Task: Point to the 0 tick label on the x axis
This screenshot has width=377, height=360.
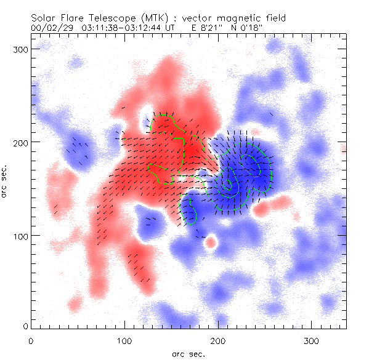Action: tap(31, 340)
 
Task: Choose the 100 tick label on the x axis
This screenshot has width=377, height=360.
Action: tap(124, 340)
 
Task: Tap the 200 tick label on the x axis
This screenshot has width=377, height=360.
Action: tap(218, 340)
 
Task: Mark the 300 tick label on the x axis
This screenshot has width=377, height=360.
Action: tap(312, 340)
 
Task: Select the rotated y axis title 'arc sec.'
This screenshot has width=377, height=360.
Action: tap(5, 182)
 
